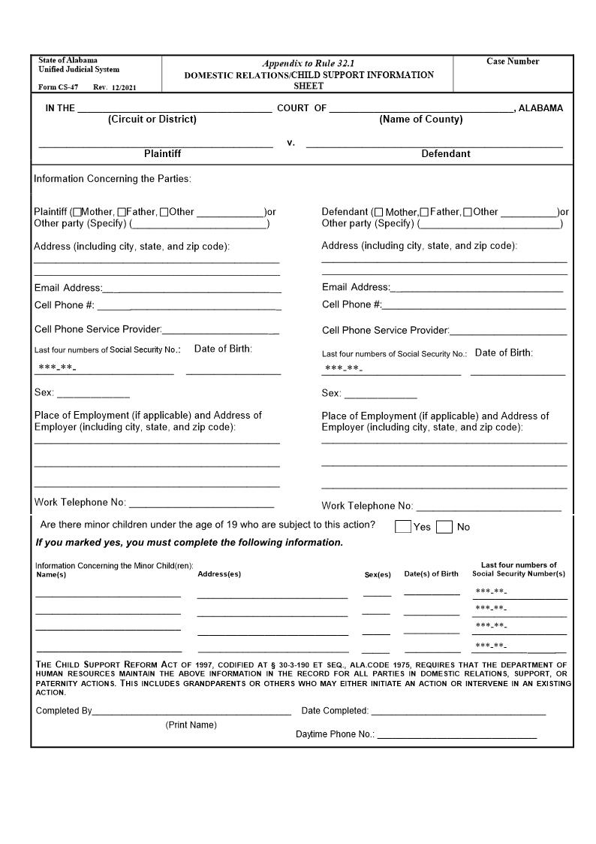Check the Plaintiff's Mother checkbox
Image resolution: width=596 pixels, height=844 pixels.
tap(77, 212)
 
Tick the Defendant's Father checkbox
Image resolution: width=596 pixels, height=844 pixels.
tap(424, 212)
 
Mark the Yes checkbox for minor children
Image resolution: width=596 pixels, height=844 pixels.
tap(403, 527)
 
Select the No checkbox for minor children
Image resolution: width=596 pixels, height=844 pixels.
tap(444, 527)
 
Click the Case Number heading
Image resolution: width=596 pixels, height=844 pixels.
tap(513, 62)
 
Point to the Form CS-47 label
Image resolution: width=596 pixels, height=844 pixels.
tap(58, 87)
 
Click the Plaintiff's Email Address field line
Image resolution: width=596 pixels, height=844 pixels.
tap(191, 288)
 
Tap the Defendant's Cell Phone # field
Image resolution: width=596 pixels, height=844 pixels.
tap(474, 304)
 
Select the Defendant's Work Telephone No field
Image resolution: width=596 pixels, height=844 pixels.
tap(488, 506)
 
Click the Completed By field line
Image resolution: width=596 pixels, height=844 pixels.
tap(191, 710)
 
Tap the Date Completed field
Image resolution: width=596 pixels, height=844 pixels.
tap(458, 710)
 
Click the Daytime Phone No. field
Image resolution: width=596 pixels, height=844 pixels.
tap(456, 734)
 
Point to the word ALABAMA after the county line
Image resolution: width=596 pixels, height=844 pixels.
tap(540, 108)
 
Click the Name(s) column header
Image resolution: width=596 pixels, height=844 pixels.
tap(51, 575)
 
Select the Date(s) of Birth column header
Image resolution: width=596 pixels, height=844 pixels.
tap(431, 574)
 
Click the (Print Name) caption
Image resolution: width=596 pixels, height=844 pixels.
tap(191, 725)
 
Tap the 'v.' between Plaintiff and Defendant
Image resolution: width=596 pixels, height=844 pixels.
tap(290, 142)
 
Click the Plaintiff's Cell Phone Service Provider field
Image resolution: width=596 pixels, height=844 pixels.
tap(221, 329)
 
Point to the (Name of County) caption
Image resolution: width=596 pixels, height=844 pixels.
tap(420, 119)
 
